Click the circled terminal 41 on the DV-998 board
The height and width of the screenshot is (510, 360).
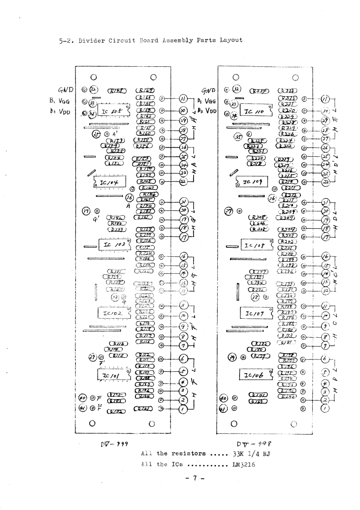click(x=223, y=408)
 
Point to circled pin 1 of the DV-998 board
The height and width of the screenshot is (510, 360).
click(x=325, y=408)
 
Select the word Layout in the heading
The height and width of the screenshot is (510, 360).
click(x=230, y=40)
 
